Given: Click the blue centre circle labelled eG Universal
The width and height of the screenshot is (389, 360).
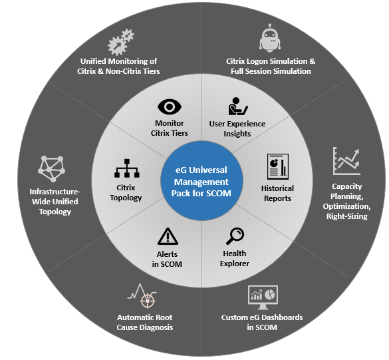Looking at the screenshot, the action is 201,180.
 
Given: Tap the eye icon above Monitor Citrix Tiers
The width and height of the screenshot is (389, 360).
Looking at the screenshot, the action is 170,107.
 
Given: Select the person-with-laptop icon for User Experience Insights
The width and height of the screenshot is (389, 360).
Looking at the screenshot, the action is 237,106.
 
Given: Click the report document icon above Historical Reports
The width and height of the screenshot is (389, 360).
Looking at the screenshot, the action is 277,166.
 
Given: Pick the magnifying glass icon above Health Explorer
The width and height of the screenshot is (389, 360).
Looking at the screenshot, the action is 235,236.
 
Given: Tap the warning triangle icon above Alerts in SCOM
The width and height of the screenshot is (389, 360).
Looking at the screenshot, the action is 168,236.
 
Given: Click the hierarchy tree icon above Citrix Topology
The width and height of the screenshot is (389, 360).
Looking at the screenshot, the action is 127,168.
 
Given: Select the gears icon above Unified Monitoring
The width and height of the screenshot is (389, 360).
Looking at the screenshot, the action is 121,42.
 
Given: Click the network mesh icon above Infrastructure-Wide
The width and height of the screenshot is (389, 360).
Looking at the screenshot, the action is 52,169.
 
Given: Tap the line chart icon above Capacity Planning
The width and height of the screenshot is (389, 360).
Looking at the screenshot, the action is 346,161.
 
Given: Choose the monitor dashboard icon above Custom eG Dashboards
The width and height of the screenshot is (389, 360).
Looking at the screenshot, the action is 263,297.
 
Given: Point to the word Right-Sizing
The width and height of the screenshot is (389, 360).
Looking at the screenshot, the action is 347,216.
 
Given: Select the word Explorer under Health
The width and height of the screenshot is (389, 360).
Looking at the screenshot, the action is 235,264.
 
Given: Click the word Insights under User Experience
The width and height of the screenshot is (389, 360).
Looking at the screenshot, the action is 237,134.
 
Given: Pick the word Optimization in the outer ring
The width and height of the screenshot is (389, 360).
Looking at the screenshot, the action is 347,206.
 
